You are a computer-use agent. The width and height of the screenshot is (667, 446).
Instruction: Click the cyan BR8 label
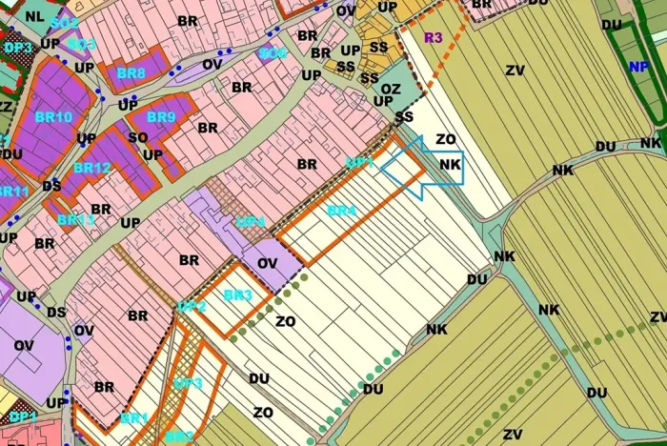click(131, 72)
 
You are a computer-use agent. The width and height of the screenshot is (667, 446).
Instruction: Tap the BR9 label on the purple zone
click(162, 117)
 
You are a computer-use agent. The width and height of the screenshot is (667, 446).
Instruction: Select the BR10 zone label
click(52, 117)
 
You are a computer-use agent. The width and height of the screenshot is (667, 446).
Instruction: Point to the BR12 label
click(91, 168)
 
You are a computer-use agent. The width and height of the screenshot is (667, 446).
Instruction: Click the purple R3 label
click(434, 38)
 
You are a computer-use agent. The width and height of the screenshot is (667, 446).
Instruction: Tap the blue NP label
click(637, 67)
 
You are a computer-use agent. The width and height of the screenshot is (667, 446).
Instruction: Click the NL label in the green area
click(35, 16)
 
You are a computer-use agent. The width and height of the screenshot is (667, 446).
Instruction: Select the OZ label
click(391, 88)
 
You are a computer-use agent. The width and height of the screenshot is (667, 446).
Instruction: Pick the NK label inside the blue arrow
click(451, 164)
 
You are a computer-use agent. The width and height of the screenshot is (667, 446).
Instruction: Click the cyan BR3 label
click(237, 295)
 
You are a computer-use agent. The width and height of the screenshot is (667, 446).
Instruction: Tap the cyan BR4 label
click(341, 210)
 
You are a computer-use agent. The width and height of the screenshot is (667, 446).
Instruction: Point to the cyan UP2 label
click(192, 307)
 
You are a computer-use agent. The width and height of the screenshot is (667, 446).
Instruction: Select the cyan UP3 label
click(188, 383)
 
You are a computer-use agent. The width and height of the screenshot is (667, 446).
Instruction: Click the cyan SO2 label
click(66, 22)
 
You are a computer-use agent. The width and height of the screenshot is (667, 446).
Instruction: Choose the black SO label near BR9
click(138, 136)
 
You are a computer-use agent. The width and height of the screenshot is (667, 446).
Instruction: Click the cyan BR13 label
click(75, 219)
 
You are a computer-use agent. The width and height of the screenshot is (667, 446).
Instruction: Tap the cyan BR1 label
click(134, 418)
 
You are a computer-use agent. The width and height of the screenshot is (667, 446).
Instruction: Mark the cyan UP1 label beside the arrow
click(359, 163)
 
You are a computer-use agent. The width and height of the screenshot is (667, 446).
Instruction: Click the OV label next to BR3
click(267, 261)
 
